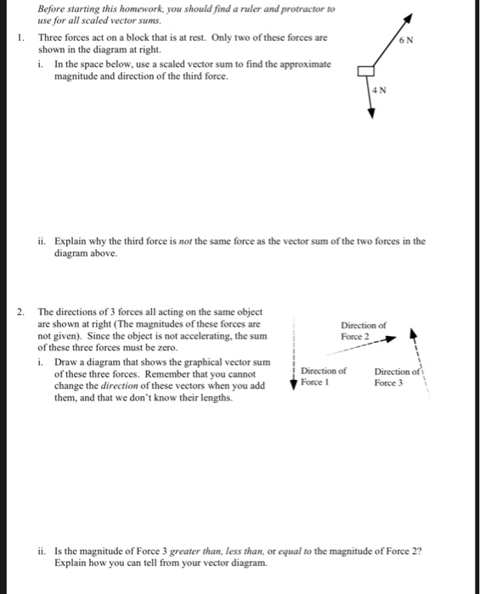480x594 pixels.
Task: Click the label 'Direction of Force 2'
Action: pyautogui.click(x=364, y=331)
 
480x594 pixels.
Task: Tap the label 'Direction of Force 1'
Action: pyautogui.click(x=324, y=376)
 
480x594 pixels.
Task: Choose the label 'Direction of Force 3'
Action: pyautogui.click(x=396, y=376)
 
